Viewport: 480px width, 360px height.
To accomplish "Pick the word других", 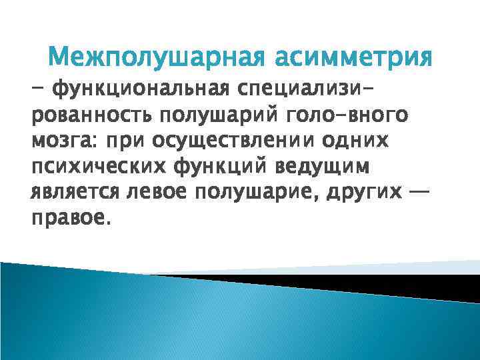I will [x=369, y=192].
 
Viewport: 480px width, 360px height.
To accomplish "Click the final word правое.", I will [x=67, y=218].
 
